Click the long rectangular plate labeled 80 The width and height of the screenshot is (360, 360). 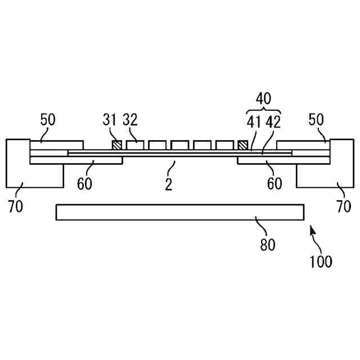[x=180, y=212]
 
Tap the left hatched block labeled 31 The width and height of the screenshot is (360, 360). [x=116, y=145]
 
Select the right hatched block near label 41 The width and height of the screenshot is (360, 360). [x=243, y=145]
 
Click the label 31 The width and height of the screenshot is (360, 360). [x=109, y=120]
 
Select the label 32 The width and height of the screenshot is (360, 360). [x=130, y=120]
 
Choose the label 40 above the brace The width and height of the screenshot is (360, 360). [x=263, y=98]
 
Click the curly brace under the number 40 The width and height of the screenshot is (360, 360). [x=263, y=110]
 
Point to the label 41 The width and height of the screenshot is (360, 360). [x=253, y=122]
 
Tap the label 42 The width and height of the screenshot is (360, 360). [x=274, y=122]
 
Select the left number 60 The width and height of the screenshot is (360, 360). [x=84, y=184]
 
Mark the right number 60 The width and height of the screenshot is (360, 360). [x=274, y=184]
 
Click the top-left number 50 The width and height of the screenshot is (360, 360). [x=47, y=120]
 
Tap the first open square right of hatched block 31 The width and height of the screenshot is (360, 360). [x=134, y=145]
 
